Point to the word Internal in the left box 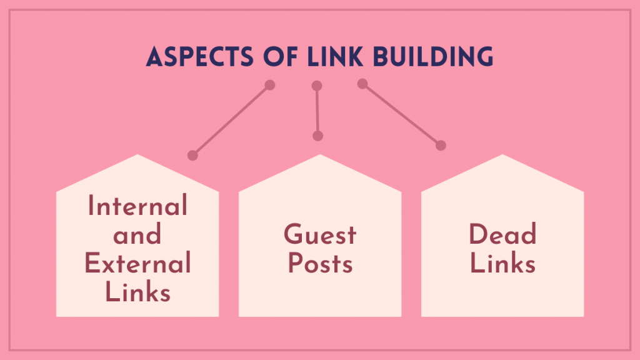pos(137,206)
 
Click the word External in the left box pos(137,264)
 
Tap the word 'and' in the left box pos(137,236)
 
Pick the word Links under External pos(137,292)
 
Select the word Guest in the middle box pos(320,236)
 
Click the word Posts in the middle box pos(320,264)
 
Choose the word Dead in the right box pos(502,236)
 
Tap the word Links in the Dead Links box pos(502,264)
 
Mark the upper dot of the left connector pos(270,84)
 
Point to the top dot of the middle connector pos(317,86)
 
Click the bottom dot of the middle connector pos(318,136)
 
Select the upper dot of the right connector pos(362,84)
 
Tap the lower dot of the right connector pos(441,146)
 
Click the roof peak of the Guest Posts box pos(320,156)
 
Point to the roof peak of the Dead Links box pos(502,156)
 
